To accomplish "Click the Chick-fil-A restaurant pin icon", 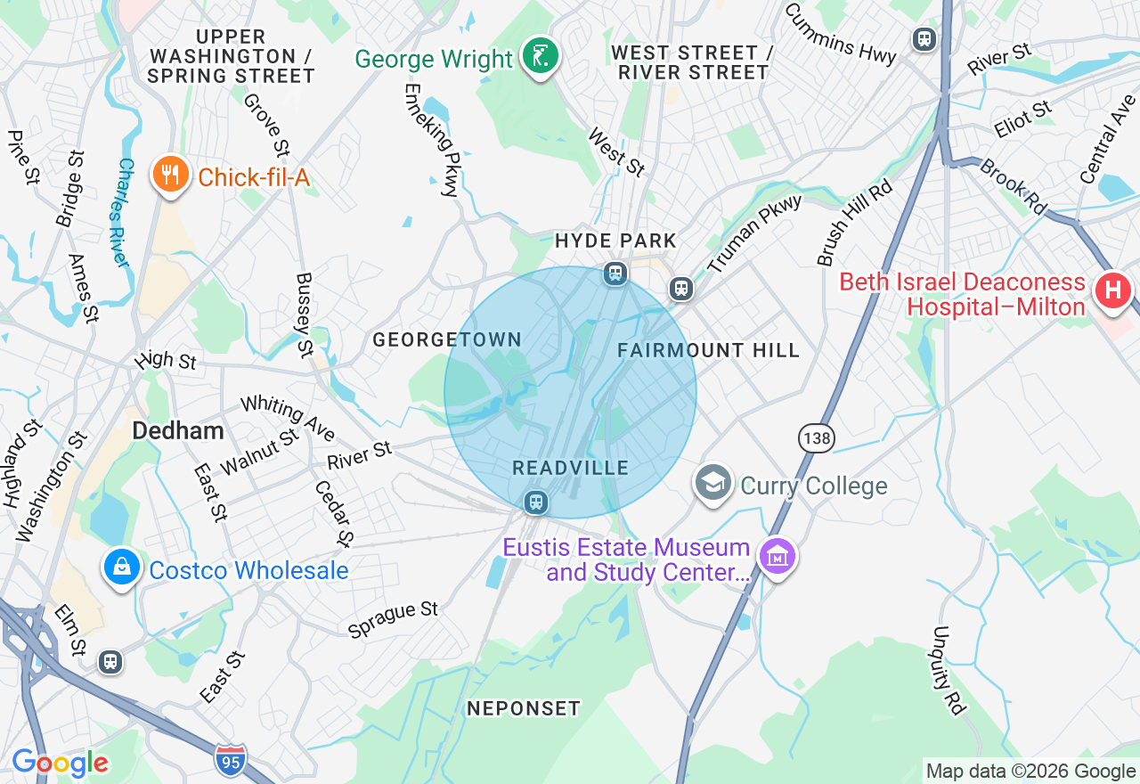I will (170, 175).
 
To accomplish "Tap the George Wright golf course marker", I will (540, 55).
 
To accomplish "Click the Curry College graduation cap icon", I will (713, 483).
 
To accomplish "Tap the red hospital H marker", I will (1112, 290).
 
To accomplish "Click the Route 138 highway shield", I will (816, 437).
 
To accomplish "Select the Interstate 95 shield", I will (230, 760).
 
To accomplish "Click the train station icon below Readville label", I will (535, 502).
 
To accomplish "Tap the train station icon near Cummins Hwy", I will (924, 39).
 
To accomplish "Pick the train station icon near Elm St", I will (110, 662).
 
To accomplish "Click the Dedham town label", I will (178, 431).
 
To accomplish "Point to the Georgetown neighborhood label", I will (447, 339).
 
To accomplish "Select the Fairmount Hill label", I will (709, 351).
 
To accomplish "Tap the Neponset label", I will (524, 708).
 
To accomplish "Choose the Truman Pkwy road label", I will (754, 233).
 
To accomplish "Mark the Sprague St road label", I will (393, 620).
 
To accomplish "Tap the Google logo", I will (60, 763).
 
